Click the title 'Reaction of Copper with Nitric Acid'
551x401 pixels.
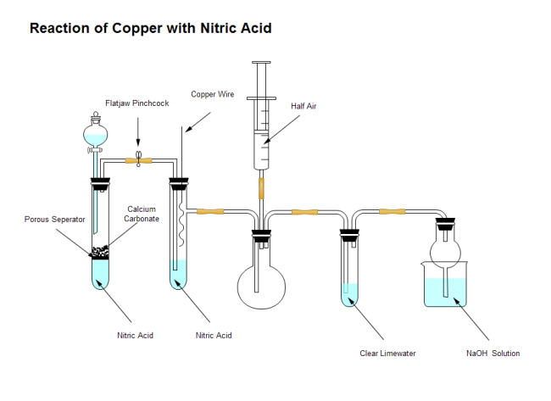(x=151, y=28)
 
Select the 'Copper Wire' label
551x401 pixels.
(x=212, y=94)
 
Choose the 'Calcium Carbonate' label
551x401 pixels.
(x=142, y=214)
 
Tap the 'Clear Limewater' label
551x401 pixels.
(x=387, y=354)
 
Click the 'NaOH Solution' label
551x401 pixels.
(x=493, y=354)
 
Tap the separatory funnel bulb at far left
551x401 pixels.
(x=96, y=134)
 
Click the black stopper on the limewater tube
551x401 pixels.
(x=349, y=234)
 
